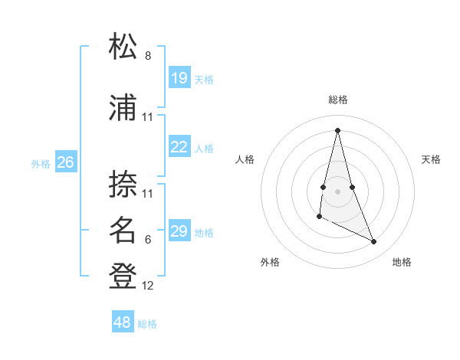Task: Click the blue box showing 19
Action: pos(179,78)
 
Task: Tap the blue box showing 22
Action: pos(179,148)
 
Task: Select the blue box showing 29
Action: pos(179,232)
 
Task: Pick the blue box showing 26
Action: pos(65,162)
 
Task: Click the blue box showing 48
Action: pos(123,322)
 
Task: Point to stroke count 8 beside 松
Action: pos(148,56)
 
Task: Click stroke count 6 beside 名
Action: pos(148,240)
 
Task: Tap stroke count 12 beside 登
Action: pos(148,286)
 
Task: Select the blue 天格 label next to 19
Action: pos(204,80)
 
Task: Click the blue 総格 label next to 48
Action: pos(147,324)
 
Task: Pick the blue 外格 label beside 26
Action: pos(41,164)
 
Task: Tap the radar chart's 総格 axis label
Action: pos(338,100)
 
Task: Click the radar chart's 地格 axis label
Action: pos(402,262)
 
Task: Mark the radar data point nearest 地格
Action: pos(374,242)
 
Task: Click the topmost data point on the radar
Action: pos(337,129)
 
